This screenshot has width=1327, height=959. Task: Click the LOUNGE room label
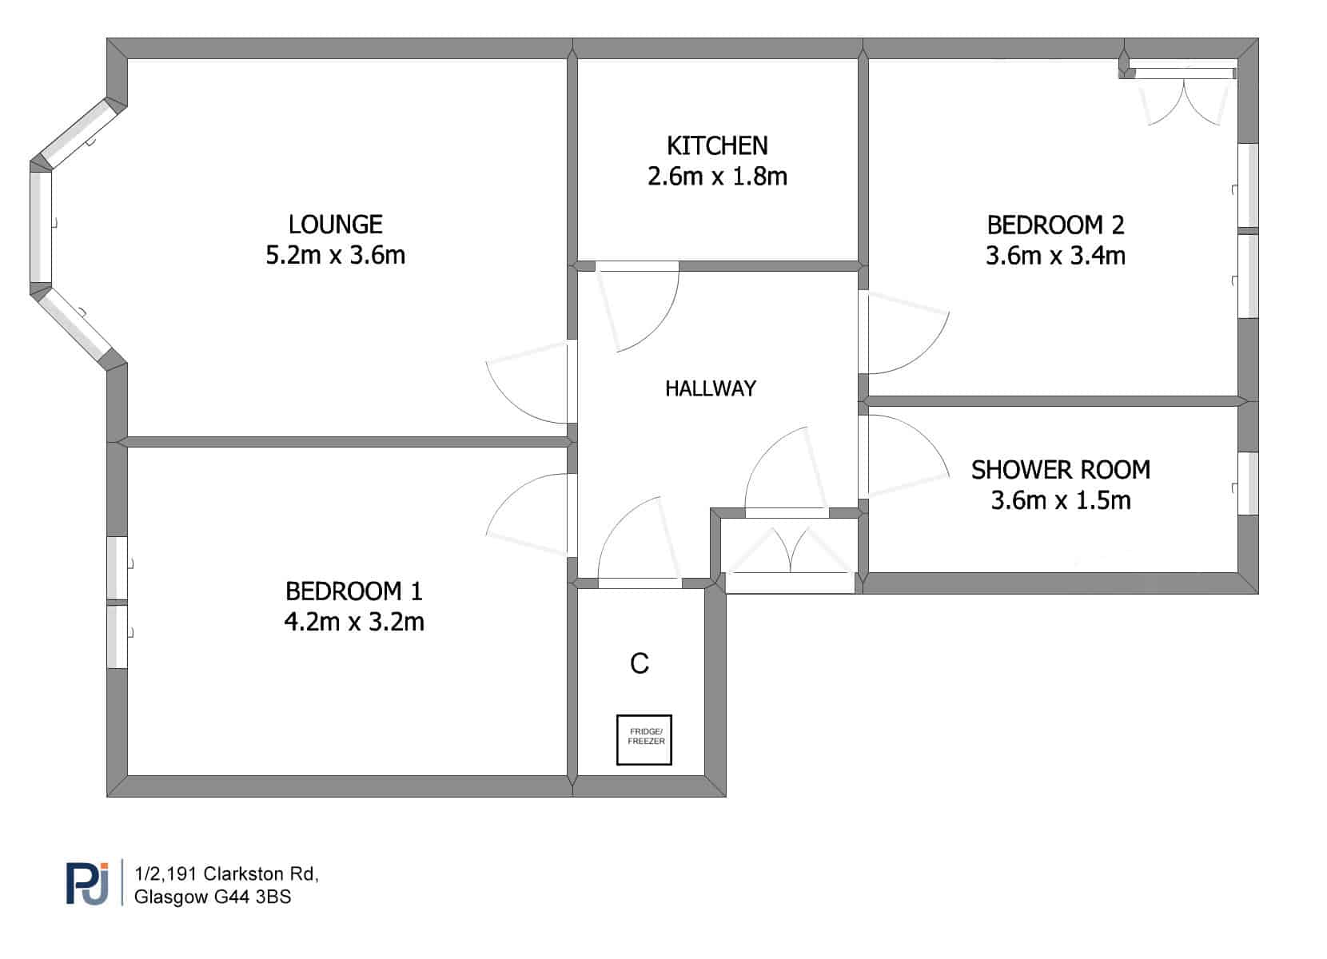pyautogui.click(x=335, y=225)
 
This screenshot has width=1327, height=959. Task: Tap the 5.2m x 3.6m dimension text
pyautogui.click(x=335, y=255)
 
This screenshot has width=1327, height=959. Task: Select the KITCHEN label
pyautogui.click(x=717, y=145)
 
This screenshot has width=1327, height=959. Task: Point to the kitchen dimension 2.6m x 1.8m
pyautogui.click(x=717, y=177)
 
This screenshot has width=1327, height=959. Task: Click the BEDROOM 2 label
pyautogui.click(x=1055, y=225)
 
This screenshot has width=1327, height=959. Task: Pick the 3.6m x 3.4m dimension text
pyautogui.click(x=1055, y=256)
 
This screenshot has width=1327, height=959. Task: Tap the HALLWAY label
pyautogui.click(x=711, y=388)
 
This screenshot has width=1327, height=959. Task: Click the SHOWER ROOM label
pyautogui.click(x=1061, y=470)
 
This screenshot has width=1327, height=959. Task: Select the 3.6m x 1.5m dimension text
pyautogui.click(x=1061, y=500)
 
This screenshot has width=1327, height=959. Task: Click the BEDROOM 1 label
pyautogui.click(x=353, y=591)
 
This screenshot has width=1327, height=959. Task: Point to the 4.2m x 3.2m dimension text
pyautogui.click(x=353, y=622)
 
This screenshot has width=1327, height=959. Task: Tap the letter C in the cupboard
pyautogui.click(x=640, y=663)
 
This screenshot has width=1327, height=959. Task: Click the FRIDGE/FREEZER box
pyautogui.click(x=644, y=740)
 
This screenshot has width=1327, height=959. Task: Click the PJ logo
pyautogui.click(x=87, y=883)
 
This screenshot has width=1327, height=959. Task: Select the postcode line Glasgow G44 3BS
pyautogui.click(x=213, y=897)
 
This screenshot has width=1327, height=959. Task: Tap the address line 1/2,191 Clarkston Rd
pyautogui.click(x=226, y=873)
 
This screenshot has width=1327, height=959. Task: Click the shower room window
pyautogui.click(x=1248, y=483)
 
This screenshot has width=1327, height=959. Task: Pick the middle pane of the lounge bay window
pyautogui.click(x=41, y=227)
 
